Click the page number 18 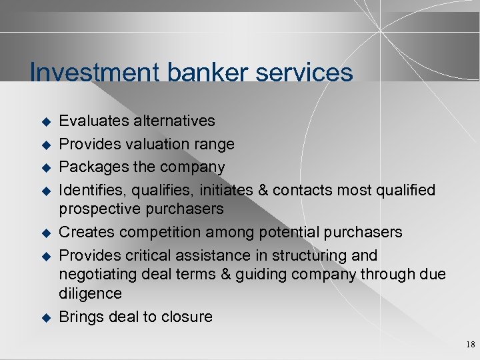coord(471,345)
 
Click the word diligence coord(90,293)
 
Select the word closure coord(187,317)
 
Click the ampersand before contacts coord(263,190)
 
